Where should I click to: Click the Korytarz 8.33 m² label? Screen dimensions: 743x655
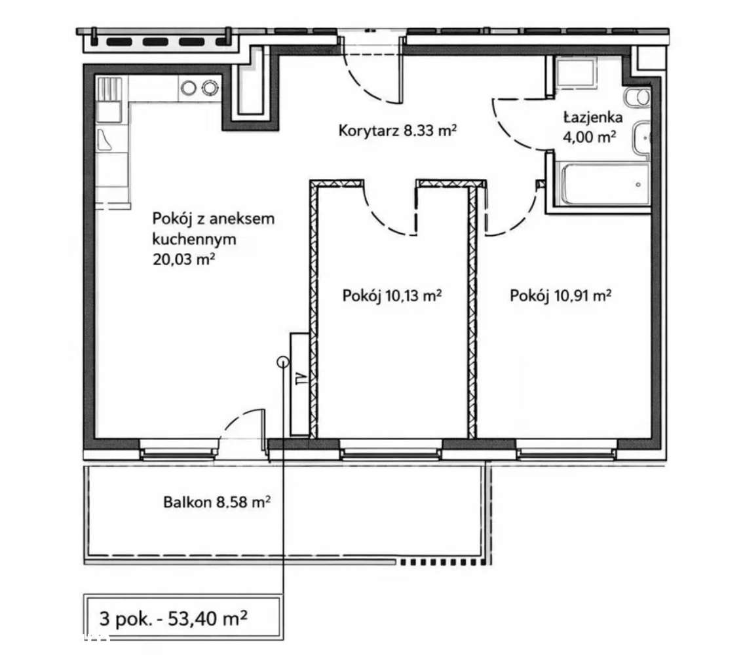pyautogui.click(x=397, y=130)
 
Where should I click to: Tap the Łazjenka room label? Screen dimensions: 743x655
pyautogui.click(x=592, y=117)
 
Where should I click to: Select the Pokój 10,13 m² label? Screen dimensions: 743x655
pyautogui.click(x=392, y=295)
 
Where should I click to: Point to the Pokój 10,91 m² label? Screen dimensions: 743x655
pyautogui.click(x=560, y=295)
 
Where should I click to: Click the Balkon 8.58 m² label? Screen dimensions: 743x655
pyautogui.click(x=217, y=502)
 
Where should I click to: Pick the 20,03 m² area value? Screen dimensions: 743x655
pyautogui.click(x=183, y=259)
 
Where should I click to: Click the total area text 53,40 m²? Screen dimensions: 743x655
pyautogui.click(x=208, y=618)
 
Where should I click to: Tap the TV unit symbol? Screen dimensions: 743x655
pyautogui.click(x=300, y=384)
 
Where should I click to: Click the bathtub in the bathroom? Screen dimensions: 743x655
pyautogui.click(x=605, y=184)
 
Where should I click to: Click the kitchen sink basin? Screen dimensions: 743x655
pyautogui.click(x=109, y=112)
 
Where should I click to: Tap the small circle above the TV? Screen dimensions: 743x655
pyautogui.click(x=283, y=362)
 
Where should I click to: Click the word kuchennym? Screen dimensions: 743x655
pyautogui.click(x=195, y=239)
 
